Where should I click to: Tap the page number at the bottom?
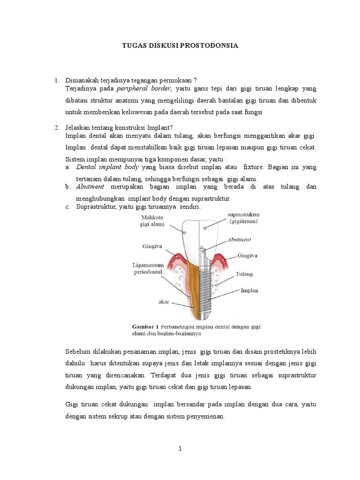point(180,449)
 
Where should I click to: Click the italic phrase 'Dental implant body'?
point(105,167)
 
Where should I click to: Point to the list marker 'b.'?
point(68,187)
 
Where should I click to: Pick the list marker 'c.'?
point(68,207)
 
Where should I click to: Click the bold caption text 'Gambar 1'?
point(144,326)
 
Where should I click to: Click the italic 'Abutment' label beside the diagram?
point(239,239)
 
